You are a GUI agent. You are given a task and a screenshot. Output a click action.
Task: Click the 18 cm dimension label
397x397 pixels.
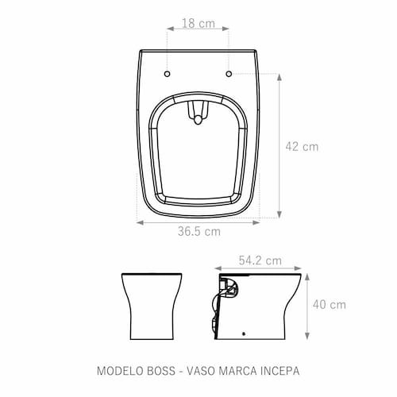click(198, 23)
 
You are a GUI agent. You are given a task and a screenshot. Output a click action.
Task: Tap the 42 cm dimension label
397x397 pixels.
click(302, 147)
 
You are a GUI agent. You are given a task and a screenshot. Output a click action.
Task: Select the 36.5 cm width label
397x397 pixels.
click(199, 232)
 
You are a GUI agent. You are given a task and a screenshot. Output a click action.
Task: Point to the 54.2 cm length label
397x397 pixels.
click(260, 260)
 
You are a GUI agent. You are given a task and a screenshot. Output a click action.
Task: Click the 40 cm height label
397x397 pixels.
click(330, 305)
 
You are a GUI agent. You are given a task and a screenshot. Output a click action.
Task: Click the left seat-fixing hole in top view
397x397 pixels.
click(167, 74)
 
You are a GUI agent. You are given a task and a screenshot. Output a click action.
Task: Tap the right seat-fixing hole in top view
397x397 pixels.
click(229, 74)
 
